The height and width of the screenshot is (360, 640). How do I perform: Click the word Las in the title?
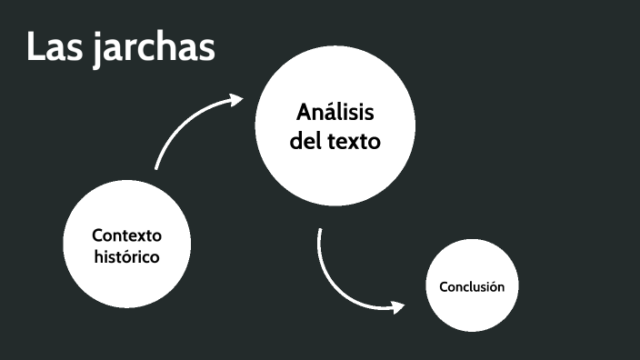[55, 47]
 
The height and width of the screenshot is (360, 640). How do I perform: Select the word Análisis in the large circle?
[335, 114]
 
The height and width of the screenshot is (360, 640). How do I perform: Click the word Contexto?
[126, 235]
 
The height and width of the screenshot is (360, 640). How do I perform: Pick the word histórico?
[126, 256]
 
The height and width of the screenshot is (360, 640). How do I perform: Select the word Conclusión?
[471, 286]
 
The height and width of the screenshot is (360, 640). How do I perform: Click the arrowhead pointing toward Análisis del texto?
[237, 99]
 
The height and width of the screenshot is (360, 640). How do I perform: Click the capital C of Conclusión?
[443, 286]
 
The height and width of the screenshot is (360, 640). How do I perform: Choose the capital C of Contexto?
[97, 235]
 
